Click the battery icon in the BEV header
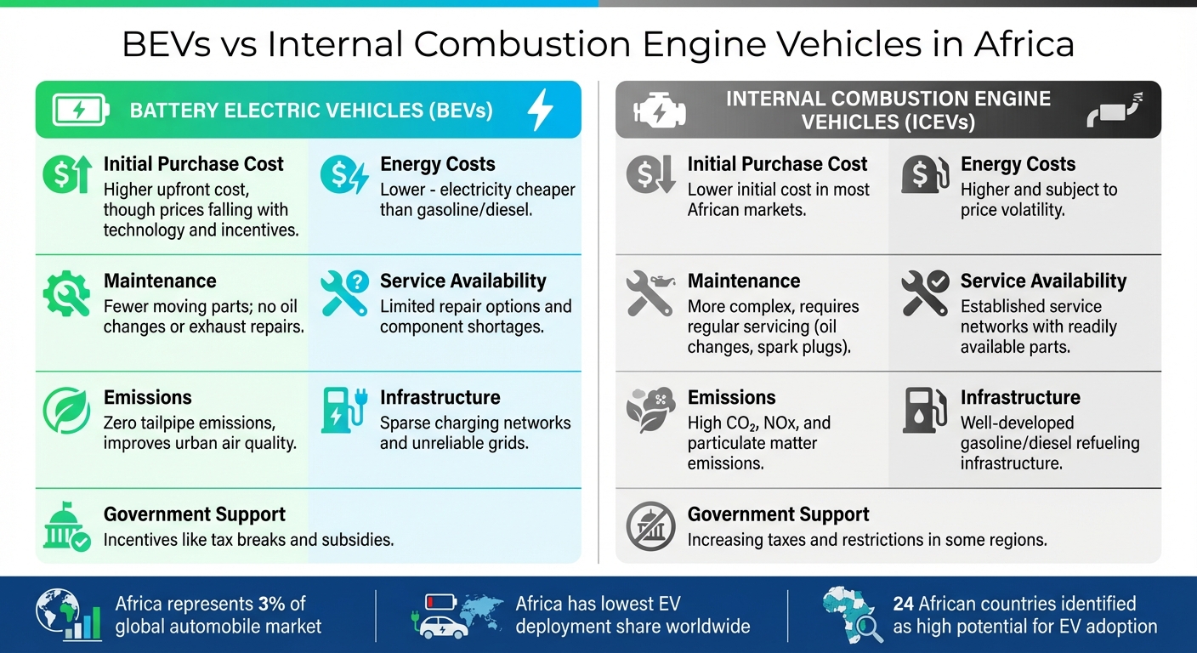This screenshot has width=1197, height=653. coord(81,111)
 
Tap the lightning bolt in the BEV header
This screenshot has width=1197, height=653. coord(541,111)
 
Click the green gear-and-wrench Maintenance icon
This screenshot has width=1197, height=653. coord(66,294)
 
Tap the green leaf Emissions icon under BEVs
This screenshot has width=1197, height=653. coord(65,411)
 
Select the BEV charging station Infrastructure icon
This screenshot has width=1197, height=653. coord(343,411)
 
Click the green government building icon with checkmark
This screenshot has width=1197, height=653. coord(66,527)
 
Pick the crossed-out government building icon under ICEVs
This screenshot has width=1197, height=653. coord(650,527)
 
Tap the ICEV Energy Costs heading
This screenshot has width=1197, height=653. coord(1018,164)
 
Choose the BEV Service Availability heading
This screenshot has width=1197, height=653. coord(462,281)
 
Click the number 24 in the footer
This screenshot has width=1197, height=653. coord(903,604)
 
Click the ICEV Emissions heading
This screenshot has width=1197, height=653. coord(731,397)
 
